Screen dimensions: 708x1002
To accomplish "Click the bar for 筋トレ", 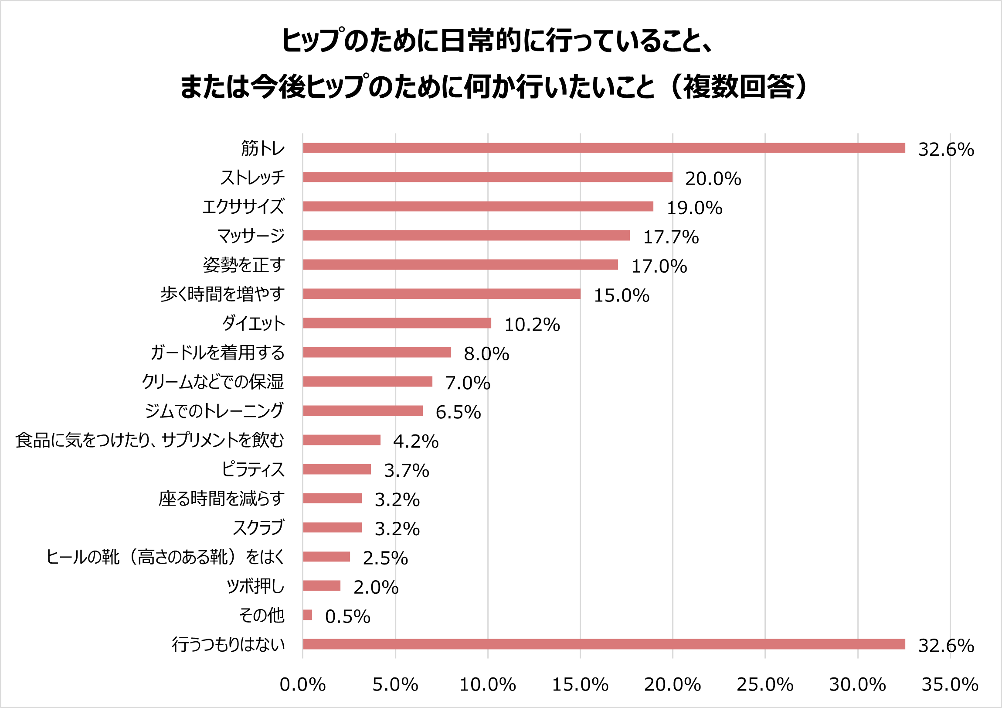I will (x=604, y=148).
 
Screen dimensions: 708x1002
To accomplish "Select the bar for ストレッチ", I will (x=487, y=177).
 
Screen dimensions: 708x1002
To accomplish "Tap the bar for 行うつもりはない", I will (x=604, y=644).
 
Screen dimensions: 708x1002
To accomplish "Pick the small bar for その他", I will (x=308, y=615).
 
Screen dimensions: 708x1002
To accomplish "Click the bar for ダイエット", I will (x=397, y=323).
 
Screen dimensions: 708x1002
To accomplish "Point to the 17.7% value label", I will (x=671, y=237).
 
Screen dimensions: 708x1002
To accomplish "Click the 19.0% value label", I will (x=694, y=208).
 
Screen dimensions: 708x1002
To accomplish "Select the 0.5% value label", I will (x=347, y=616).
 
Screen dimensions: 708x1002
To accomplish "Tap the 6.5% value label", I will (x=458, y=412).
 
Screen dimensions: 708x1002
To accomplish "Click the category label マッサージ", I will (x=251, y=236).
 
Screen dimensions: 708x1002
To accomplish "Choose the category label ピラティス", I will (x=253, y=469).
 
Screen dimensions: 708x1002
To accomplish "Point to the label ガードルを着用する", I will (x=217, y=352).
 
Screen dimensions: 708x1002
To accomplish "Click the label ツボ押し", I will (x=255, y=586).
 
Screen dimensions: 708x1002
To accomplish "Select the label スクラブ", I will (x=258, y=527).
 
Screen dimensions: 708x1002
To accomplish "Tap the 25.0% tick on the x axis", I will (x=764, y=684).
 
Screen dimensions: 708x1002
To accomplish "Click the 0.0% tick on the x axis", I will (x=302, y=684).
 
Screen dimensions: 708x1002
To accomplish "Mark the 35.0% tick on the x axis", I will (x=950, y=684).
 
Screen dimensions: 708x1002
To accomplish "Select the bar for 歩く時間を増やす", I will (x=442, y=294).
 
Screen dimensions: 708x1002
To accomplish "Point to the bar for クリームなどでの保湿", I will (x=367, y=382).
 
